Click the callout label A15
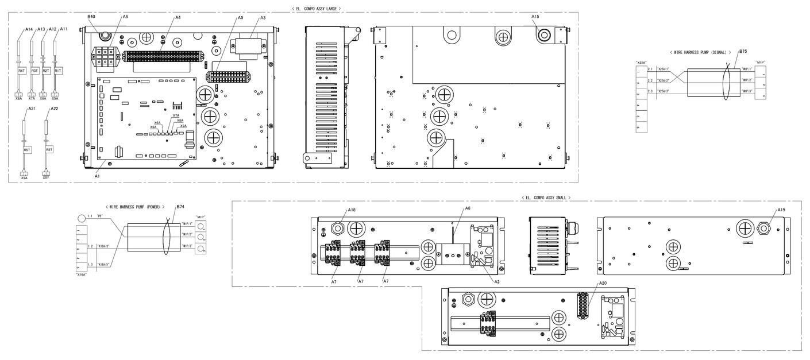(x=535, y=17)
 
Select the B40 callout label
(x=91, y=17)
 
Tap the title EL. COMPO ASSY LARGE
(x=316, y=9)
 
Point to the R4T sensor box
(x=22, y=70)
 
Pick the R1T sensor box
(x=58, y=70)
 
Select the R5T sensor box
(x=26, y=150)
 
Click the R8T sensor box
(x=49, y=150)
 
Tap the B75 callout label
(x=743, y=51)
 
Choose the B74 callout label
(x=180, y=206)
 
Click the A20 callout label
(x=603, y=283)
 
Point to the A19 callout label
(x=781, y=210)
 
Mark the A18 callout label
(x=352, y=210)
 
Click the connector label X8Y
(x=46, y=178)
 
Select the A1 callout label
(x=97, y=176)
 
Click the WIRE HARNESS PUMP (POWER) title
(x=135, y=207)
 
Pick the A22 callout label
(x=55, y=109)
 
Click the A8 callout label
(x=468, y=208)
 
